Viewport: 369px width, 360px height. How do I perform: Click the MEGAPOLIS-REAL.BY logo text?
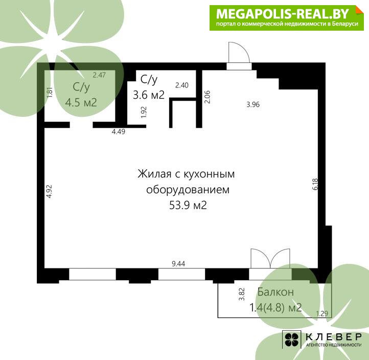[283, 14]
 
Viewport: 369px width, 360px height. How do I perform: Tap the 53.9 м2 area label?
[188, 205]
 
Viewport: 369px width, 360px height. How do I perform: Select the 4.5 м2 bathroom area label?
[81, 102]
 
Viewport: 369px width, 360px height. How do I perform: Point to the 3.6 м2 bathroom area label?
[149, 95]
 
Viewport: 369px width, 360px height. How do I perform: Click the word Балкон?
[275, 292]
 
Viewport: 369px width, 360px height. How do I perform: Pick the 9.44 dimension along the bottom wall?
[178, 264]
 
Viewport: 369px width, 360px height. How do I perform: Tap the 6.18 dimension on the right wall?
[315, 184]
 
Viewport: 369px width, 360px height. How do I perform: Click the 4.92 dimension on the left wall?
[49, 191]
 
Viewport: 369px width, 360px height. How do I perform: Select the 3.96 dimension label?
[253, 104]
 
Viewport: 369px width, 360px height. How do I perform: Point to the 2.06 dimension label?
[207, 97]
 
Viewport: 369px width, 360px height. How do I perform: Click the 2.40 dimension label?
[181, 85]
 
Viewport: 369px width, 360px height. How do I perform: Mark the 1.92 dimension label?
[144, 112]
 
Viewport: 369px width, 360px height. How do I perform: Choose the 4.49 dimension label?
[119, 131]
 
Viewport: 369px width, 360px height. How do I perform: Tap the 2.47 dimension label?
[99, 75]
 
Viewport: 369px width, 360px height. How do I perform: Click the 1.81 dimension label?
[50, 93]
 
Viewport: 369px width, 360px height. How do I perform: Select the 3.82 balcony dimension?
[242, 295]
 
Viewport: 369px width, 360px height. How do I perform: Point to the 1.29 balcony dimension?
[322, 314]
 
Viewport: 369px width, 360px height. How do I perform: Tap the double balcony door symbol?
[270, 258]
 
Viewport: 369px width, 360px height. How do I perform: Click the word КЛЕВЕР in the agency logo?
[334, 337]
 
